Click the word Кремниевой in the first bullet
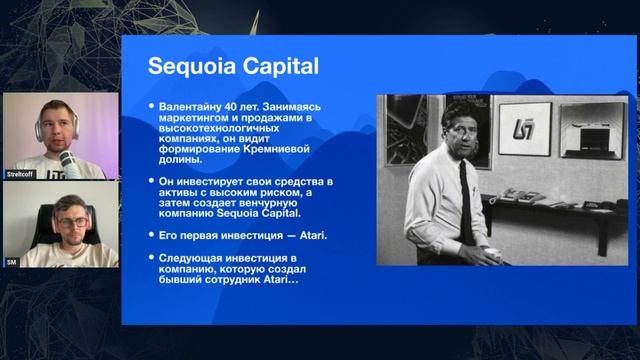pyautogui.click(x=269, y=147)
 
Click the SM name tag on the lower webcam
pyautogui.click(x=13, y=260)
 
